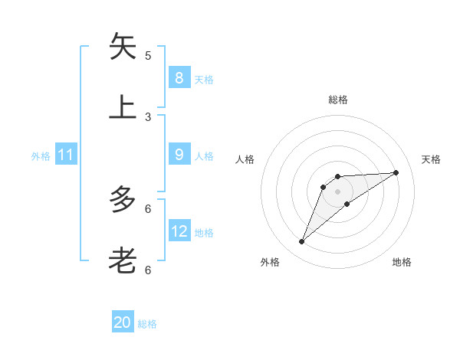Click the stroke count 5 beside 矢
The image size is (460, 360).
[148, 55]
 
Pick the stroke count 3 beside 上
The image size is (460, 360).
[148, 116]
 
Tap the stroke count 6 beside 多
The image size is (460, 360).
[148, 208]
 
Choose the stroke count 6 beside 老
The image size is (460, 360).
[148, 270]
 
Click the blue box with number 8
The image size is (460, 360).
[179, 77]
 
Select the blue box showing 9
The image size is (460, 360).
[179, 155]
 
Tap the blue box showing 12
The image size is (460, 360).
[179, 231]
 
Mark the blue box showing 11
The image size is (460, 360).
[65, 155]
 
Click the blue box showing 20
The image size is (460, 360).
[123, 322]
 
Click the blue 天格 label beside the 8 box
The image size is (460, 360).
[204, 80]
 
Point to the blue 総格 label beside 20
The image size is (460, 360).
[147, 324]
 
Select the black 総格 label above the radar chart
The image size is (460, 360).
[337, 100]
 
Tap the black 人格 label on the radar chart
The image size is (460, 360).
[245, 159]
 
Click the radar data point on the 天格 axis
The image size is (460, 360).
[396, 172]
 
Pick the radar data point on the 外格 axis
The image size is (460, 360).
[301, 242]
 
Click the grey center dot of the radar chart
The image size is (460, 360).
[337, 191]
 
